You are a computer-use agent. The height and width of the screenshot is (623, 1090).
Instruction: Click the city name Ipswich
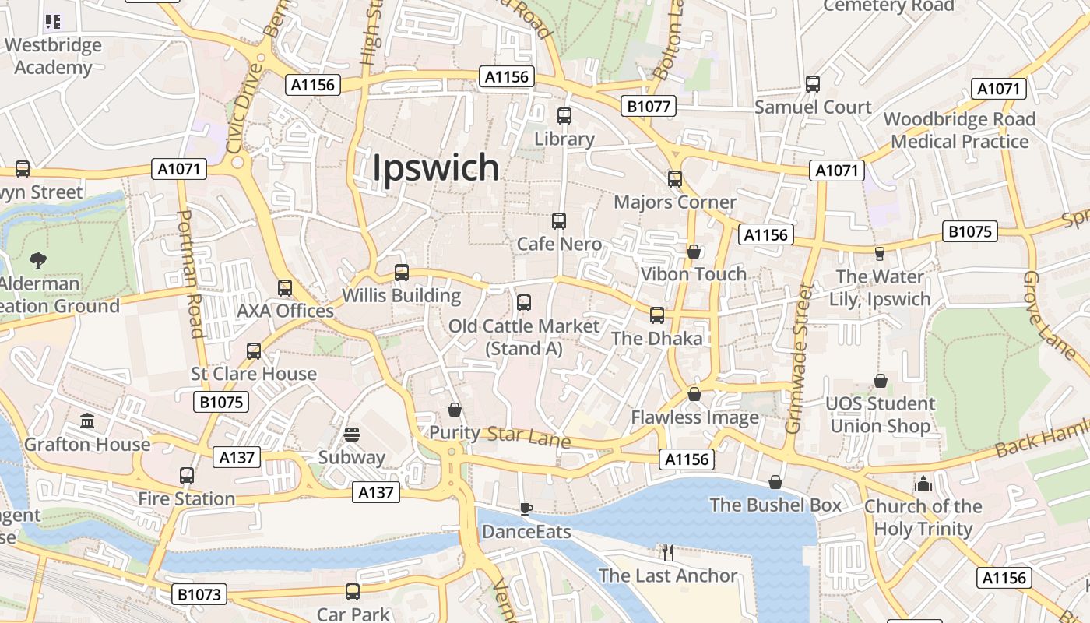[x=435, y=167]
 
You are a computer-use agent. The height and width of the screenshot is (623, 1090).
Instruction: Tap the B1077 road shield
[x=649, y=106]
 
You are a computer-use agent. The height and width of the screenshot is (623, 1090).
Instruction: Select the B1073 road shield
[x=199, y=594]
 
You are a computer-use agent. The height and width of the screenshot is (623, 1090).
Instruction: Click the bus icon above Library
[x=564, y=116]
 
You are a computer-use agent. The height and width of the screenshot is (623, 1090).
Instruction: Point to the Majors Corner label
[x=675, y=202]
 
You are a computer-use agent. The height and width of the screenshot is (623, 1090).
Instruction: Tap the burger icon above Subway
[x=352, y=435]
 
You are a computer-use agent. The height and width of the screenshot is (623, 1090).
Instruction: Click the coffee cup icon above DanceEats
[x=526, y=509]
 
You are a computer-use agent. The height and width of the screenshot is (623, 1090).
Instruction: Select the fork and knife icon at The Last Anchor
[x=667, y=553]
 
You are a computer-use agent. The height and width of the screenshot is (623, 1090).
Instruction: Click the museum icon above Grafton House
[x=87, y=421]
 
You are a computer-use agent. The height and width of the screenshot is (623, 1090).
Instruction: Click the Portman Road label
[x=190, y=273]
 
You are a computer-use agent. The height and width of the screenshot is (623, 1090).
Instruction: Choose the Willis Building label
[x=402, y=296]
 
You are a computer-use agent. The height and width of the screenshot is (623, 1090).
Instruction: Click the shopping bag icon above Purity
[x=455, y=410]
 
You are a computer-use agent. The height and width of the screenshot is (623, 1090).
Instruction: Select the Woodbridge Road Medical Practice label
[x=959, y=130]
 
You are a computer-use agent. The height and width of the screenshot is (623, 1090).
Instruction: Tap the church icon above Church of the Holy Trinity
[x=923, y=484]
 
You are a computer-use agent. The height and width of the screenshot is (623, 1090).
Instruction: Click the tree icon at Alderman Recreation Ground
[x=37, y=260]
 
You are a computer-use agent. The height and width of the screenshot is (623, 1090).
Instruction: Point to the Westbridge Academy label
[x=53, y=56]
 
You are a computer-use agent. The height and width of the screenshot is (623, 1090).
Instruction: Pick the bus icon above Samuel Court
[x=813, y=84]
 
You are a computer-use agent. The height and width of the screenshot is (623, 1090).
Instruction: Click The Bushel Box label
[x=775, y=505]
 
